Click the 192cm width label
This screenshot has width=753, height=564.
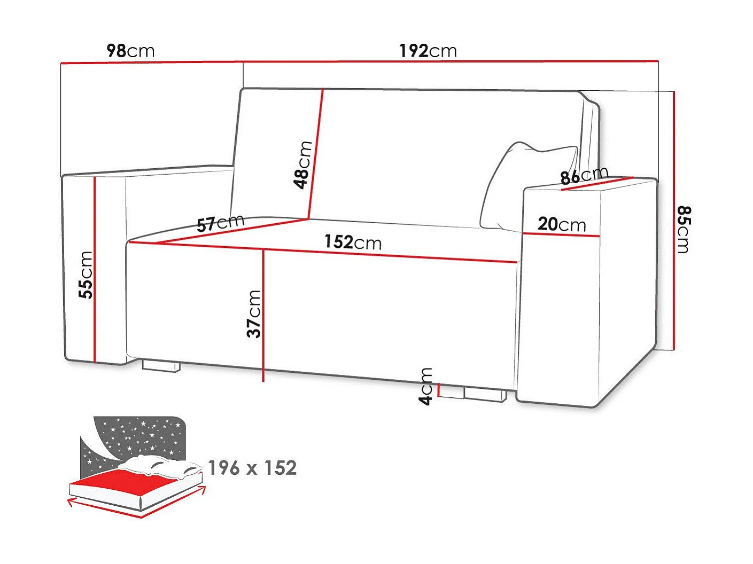coord(428,51)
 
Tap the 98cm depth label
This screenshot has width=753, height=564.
coord(131,51)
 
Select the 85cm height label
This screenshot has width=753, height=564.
coord(684,229)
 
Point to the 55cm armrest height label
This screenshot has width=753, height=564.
coord(86,275)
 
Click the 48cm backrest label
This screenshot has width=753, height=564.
coord(302,164)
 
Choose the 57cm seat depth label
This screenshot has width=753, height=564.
coord(220,223)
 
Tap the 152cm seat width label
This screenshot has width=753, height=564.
coord(353,242)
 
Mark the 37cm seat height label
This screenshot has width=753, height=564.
coord(254,314)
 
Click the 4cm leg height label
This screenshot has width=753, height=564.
coord(426,387)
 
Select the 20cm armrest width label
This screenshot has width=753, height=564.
coord(561,224)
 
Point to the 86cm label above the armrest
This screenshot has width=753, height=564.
coord(584,175)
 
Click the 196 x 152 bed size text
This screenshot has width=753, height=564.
coord(252,468)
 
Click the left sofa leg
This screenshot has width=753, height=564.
coord(160,366)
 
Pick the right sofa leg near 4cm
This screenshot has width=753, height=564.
coord(485,395)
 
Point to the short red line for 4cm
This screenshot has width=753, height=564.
coord(438,390)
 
